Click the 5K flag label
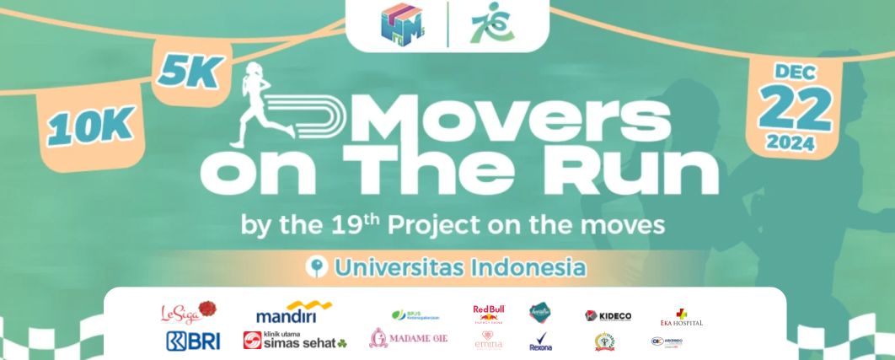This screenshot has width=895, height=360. [x=188, y=74]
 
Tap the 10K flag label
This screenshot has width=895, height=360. [x=91, y=126]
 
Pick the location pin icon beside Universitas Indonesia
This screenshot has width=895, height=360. [x=317, y=268]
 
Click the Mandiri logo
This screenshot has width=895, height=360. [x=293, y=313]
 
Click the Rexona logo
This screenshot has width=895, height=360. [x=540, y=341]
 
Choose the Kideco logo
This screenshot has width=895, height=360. [x=608, y=315]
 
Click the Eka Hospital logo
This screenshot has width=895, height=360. [x=681, y=318]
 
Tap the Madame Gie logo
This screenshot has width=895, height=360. [x=409, y=339]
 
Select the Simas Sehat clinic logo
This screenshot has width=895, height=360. [x=294, y=340]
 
